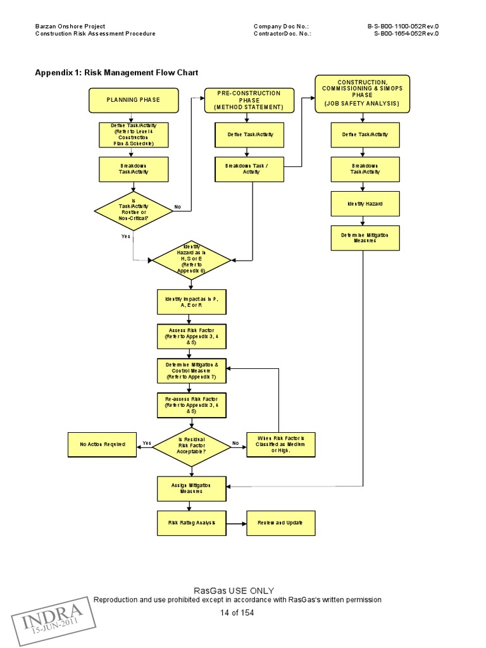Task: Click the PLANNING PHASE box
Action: pos(133,100)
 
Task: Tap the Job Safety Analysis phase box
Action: pos(362,93)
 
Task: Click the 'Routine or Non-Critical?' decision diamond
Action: pos(133,211)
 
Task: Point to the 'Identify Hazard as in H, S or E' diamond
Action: pos(191,259)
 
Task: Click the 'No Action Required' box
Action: pos(103,444)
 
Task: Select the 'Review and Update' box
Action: pos(280,523)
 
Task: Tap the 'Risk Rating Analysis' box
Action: pos(191,523)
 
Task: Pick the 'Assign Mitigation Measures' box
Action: pos(191,488)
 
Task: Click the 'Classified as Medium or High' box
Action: pos(280,444)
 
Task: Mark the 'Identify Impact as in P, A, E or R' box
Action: pos(191,301)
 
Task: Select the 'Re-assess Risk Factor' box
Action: pos(191,405)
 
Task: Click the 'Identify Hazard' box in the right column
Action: pos(364,204)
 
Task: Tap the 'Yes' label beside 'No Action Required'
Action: pos(147,443)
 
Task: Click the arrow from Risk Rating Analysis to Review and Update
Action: pos(236,523)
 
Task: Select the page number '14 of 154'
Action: pos(237,613)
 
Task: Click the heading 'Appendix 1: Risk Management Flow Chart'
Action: pos(116,73)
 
